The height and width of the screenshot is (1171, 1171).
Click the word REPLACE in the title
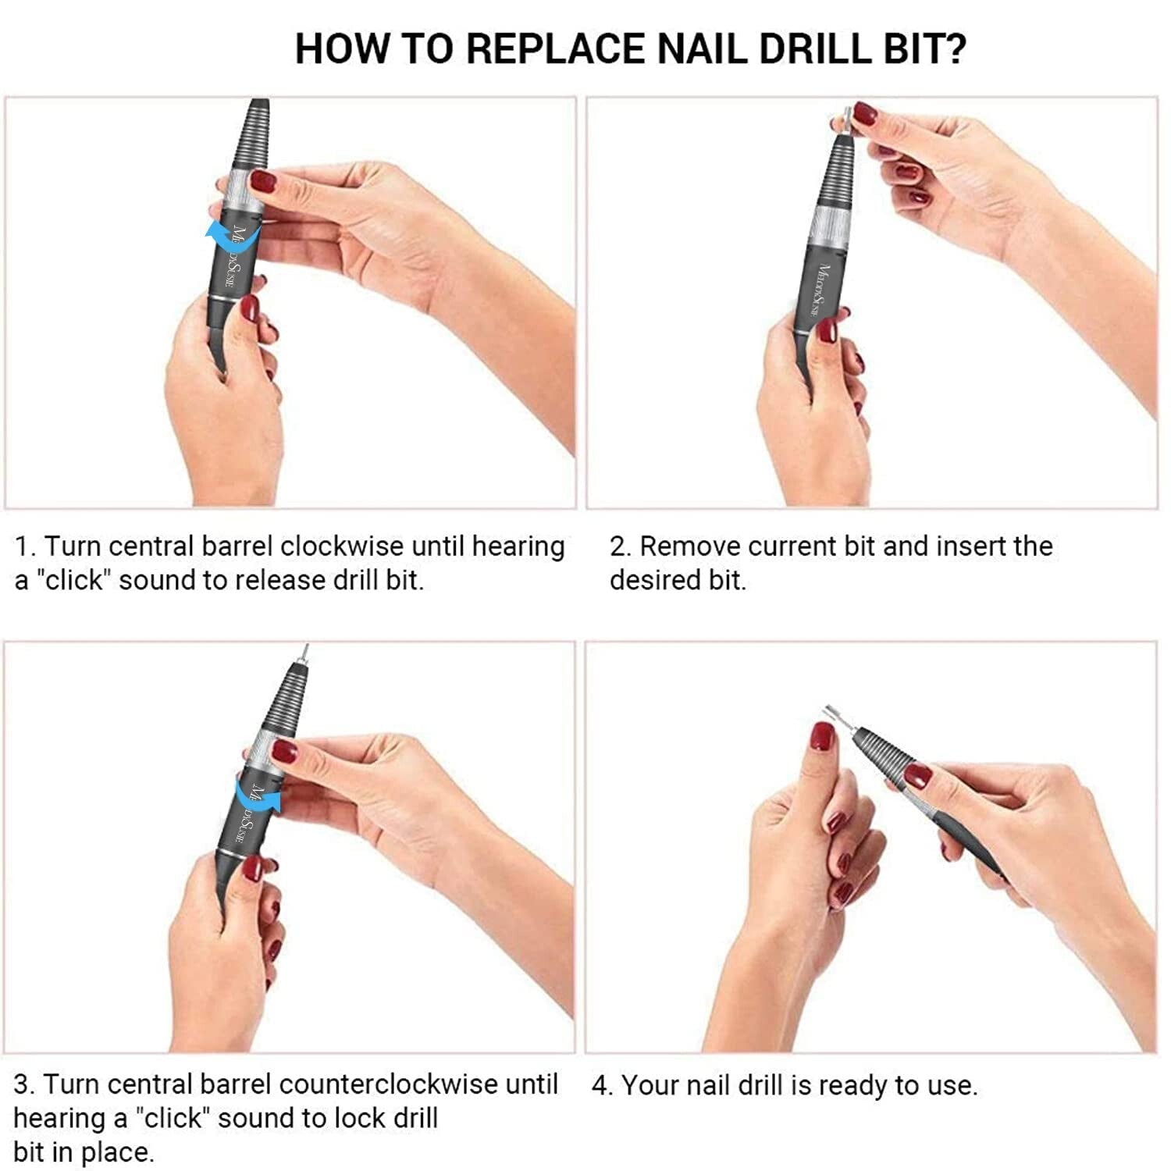(557, 48)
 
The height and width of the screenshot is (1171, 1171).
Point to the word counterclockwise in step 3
(389, 1084)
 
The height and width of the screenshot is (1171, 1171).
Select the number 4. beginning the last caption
(602, 1085)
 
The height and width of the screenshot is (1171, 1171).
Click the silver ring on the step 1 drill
(237, 187)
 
